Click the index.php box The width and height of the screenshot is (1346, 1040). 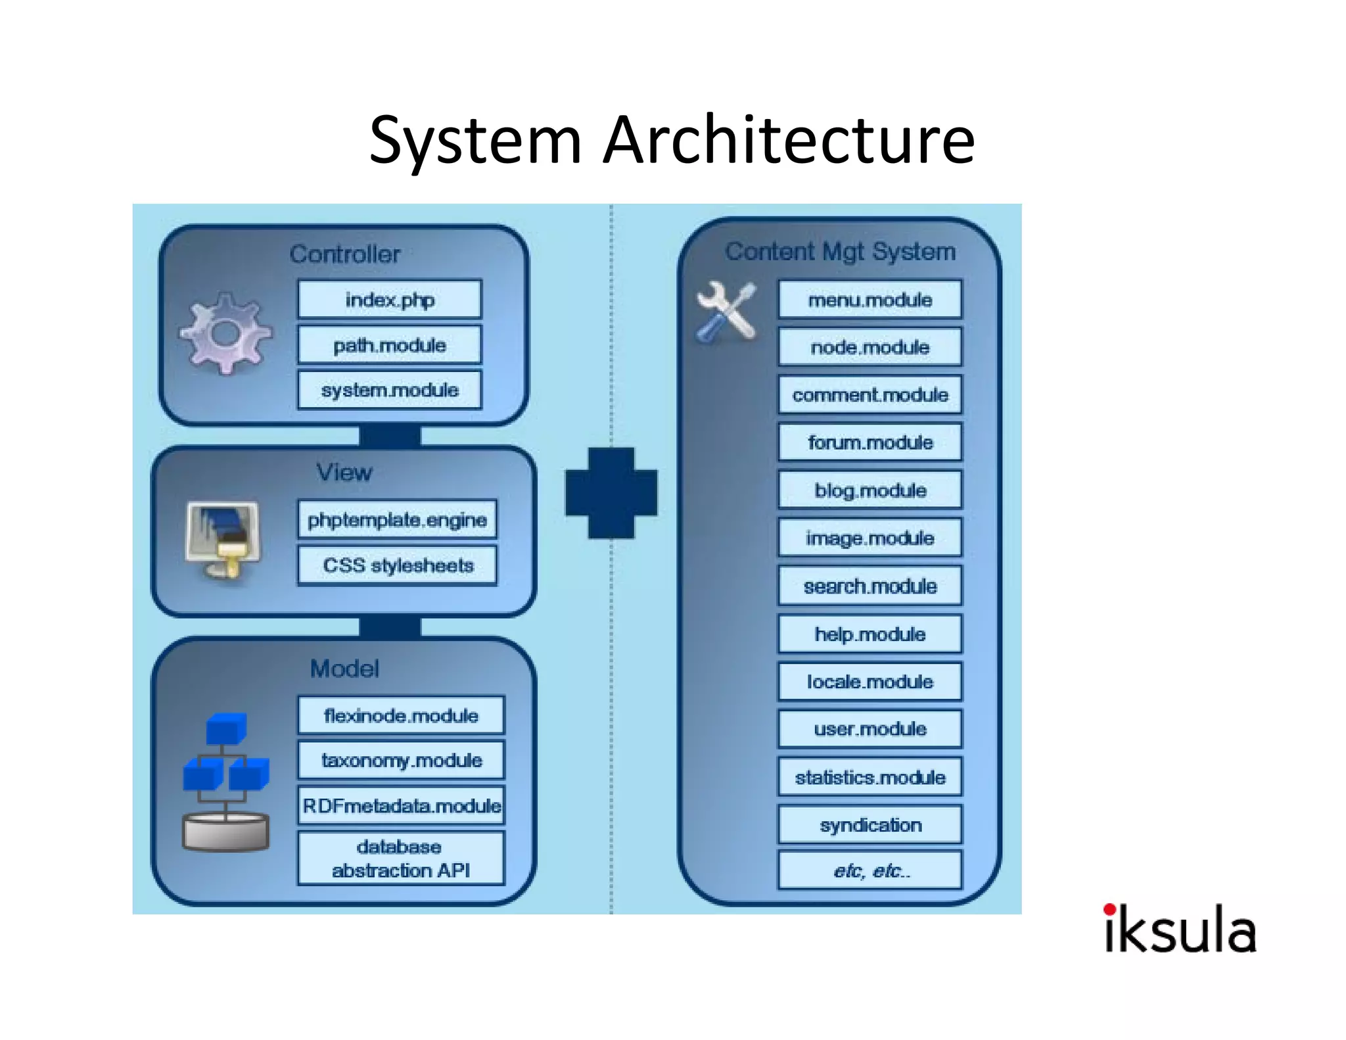tap(390, 300)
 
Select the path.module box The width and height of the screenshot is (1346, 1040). tap(390, 345)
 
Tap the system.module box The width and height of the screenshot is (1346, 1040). tap(390, 390)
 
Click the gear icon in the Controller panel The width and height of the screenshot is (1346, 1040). tap(225, 333)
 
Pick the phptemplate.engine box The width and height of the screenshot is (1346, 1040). tap(397, 520)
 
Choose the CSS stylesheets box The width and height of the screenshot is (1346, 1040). tap(397, 565)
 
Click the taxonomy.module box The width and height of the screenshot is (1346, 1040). tap(401, 760)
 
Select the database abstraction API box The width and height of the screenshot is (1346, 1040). tap(401, 859)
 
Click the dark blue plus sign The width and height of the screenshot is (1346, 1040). tap(611, 493)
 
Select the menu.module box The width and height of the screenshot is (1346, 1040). tap(870, 300)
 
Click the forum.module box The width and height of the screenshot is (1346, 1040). tap(870, 442)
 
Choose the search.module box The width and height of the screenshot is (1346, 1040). tap(870, 586)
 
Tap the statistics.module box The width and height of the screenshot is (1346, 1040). tap(870, 777)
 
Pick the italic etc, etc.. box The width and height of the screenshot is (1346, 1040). tap(870, 870)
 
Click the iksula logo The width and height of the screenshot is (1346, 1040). tap(1180, 929)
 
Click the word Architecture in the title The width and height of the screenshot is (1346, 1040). tap(789, 139)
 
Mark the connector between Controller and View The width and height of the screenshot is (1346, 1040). tap(390, 436)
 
